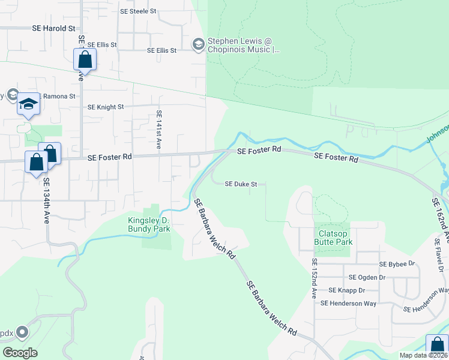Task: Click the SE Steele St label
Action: [138, 11]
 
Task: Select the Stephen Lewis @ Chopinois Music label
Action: [244, 46]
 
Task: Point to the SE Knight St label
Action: [106, 107]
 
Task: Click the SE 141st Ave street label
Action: [159, 130]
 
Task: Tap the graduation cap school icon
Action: [28, 104]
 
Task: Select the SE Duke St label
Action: [241, 184]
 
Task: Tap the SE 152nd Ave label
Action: [313, 279]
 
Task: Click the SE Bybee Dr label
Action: [397, 263]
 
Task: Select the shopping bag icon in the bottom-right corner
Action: [437, 346]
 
